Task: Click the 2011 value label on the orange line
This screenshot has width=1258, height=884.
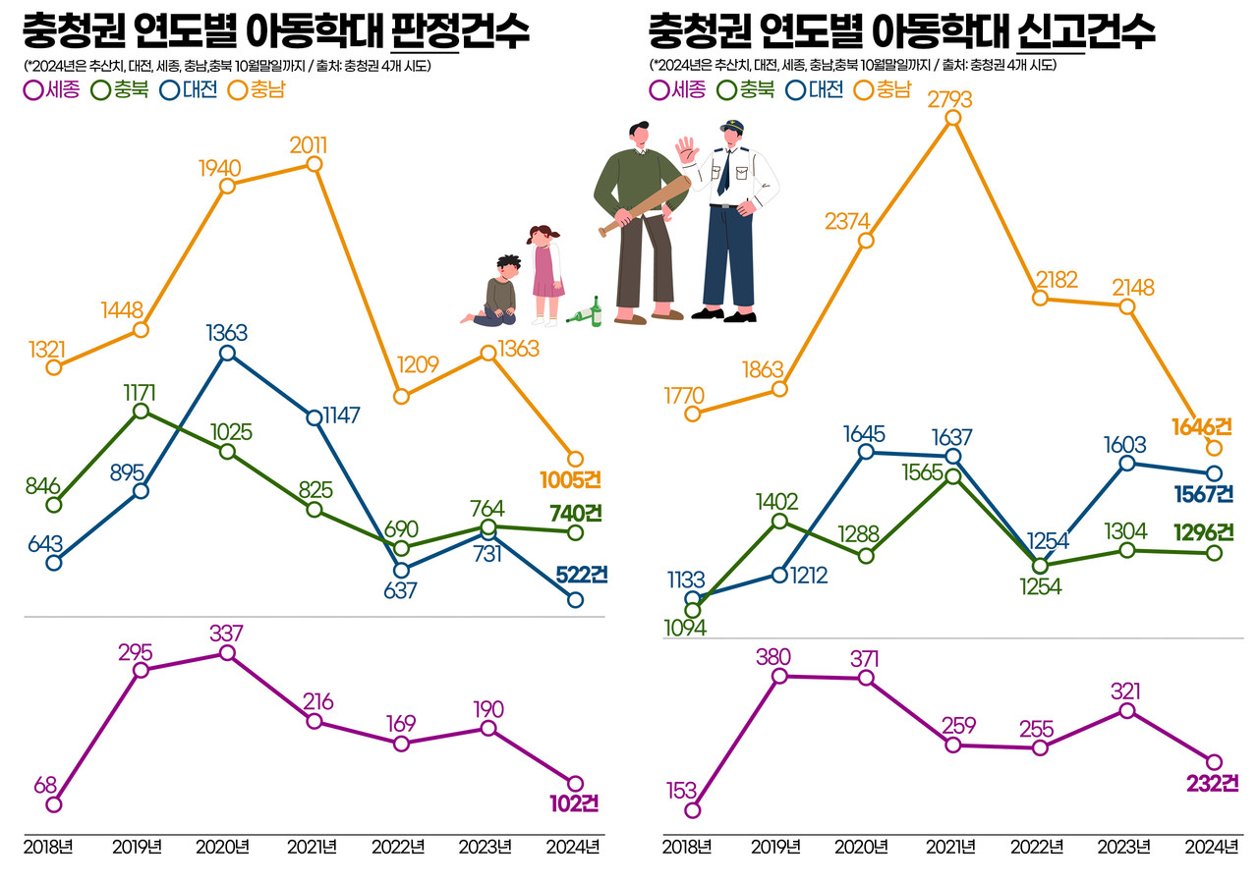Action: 309,145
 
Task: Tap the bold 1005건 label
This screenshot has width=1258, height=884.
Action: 570,480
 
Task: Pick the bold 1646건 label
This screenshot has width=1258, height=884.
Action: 1202,426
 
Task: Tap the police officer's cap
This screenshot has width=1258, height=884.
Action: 731,127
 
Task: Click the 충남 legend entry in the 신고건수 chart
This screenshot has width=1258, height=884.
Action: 883,90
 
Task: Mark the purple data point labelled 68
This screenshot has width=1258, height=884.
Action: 54,804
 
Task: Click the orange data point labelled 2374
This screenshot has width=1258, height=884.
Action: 866,242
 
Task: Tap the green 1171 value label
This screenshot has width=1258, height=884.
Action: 140,391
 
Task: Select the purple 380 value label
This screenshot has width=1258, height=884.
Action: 773,656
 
